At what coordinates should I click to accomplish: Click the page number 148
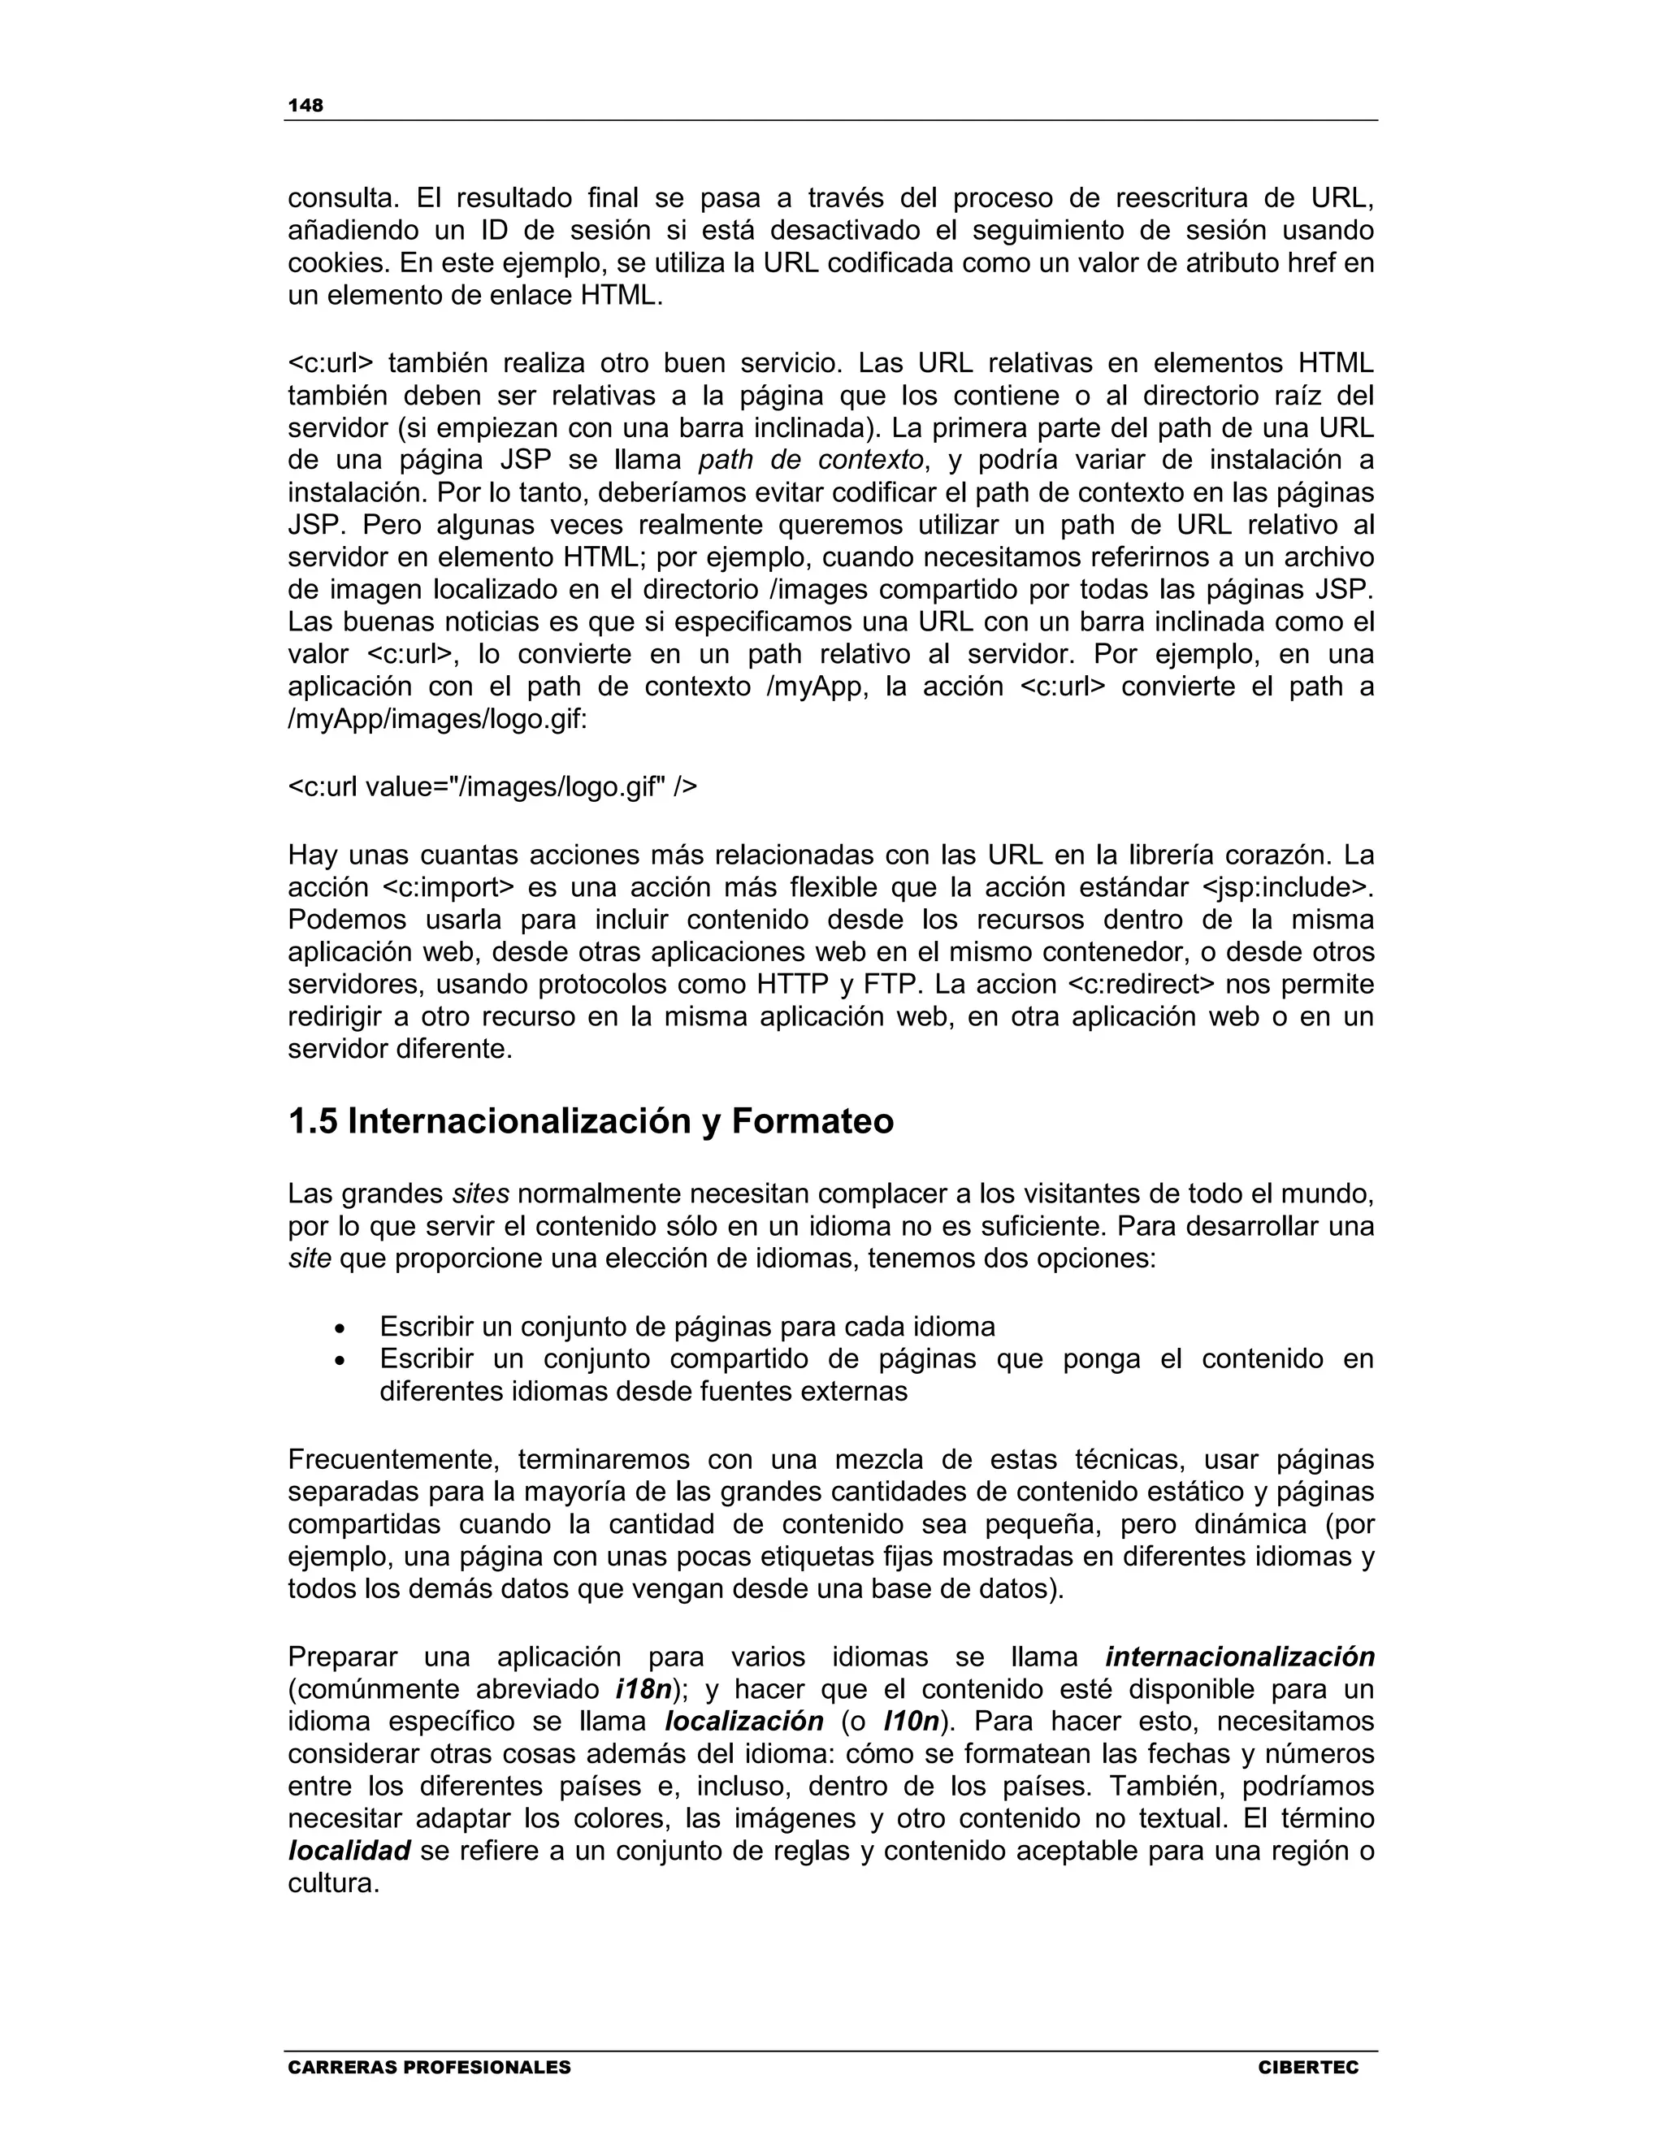point(305,106)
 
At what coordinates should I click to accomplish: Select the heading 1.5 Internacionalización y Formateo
point(591,1122)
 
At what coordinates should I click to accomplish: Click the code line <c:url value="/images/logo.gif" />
point(492,786)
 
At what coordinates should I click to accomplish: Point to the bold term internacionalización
point(1239,1656)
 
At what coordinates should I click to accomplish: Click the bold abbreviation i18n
point(643,1689)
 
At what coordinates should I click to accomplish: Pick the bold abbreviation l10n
point(910,1722)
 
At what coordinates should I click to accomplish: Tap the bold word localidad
point(348,1850)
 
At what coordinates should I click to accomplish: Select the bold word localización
point(744,1722)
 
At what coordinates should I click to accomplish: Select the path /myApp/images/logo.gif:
point(436,720)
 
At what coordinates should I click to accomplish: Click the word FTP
point(891,985)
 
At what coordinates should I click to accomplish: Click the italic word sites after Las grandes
point(480,1193)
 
